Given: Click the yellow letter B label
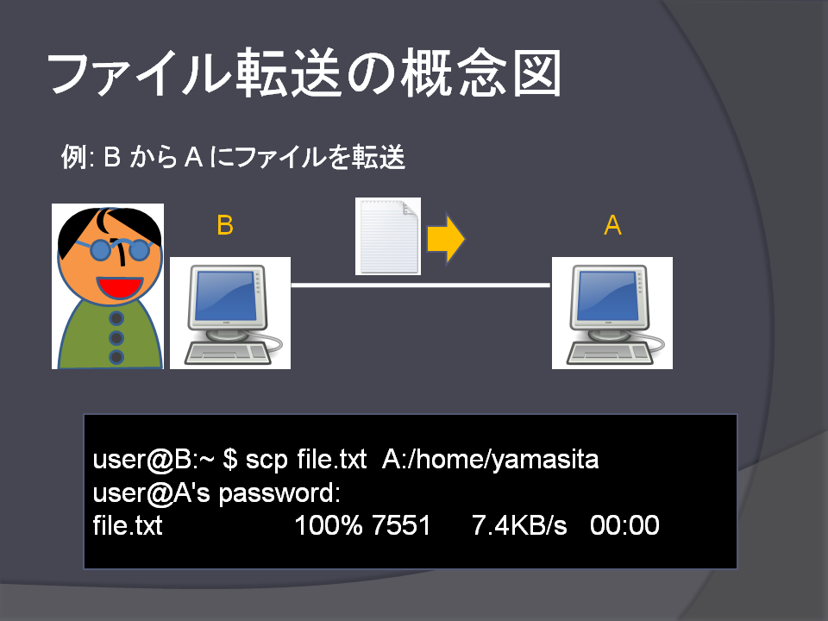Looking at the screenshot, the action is click(x=225, y=225).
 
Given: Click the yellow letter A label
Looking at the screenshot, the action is click(x=612, y=225).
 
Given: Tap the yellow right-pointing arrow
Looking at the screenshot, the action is click(x=446, y=239).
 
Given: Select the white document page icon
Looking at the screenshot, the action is click(x=388, y=236).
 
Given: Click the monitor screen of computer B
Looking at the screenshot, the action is click(x=225, y=296).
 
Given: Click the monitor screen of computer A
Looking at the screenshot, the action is click(x=607, y=296).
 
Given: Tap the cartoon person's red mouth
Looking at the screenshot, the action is click(x=119, y=287).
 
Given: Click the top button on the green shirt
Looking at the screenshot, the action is click(x=116, y=318).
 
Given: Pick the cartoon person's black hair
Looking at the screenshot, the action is click(x=109, y=227).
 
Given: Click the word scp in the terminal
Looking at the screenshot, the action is click(x=267, y=460).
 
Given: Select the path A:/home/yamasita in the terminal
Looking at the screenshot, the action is click(x=490, y=459).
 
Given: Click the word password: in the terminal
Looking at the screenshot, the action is click(x=279, y=493).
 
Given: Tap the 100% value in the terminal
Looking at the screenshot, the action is click(x=329, y=525).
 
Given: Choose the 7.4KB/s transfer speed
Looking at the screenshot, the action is click(x=519, y=525).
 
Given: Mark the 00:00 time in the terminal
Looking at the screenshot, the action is click(x=624, y=525).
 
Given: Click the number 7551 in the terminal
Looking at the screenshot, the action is click(x=401, y=525).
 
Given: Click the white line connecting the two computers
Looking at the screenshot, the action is click(x=421, y=285).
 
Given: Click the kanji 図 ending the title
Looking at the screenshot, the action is click(x=536, y=73).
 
